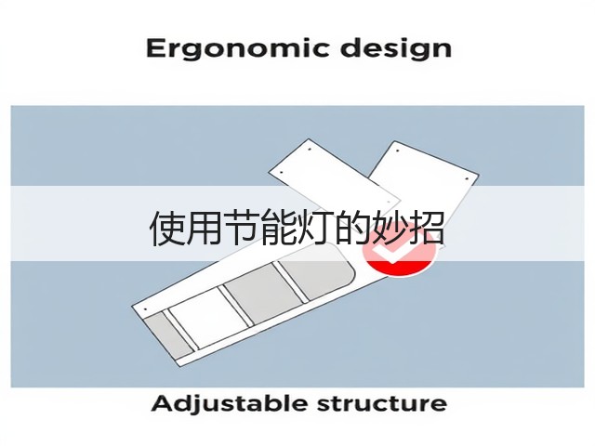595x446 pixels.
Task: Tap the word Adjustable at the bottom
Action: (x=230, y=404)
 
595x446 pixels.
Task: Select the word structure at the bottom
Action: (x=382, y=403)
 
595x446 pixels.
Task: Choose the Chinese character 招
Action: (x=428, y=229)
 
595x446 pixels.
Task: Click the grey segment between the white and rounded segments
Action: (x=263, y=295)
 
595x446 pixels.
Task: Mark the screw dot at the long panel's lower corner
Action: (x=145, y=309)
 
